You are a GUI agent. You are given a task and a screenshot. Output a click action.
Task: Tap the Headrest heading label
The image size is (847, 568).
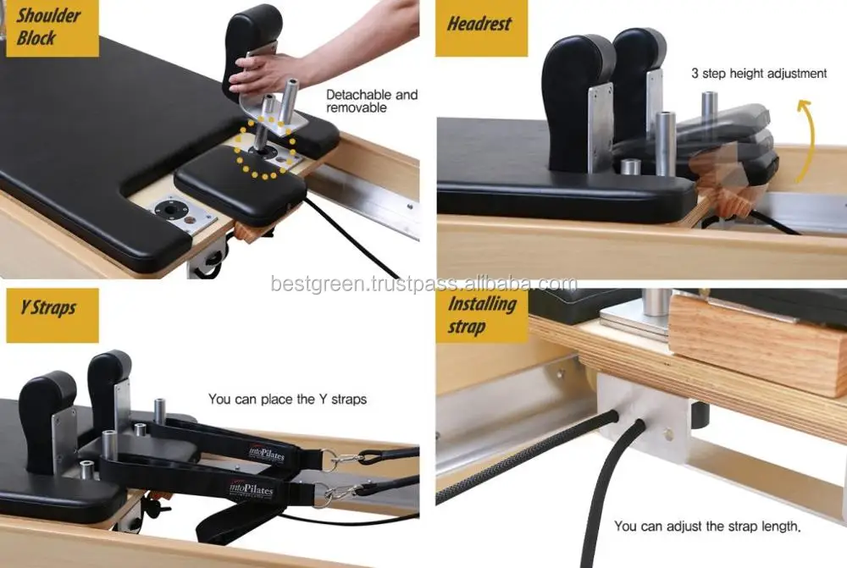(480, 24)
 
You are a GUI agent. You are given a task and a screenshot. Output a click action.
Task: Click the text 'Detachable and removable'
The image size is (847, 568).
(372, 101)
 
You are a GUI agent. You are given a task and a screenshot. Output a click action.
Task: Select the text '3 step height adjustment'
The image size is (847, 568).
(759, 74)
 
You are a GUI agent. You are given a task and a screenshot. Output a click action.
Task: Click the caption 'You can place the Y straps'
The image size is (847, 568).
(287, 399)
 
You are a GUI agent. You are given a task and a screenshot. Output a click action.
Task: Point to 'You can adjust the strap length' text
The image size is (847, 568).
(707, 527)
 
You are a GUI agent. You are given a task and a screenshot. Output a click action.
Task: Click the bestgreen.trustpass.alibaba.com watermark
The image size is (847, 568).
(423, 284)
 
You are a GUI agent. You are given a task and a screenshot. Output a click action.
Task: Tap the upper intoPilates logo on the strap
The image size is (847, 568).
(268, 455)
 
